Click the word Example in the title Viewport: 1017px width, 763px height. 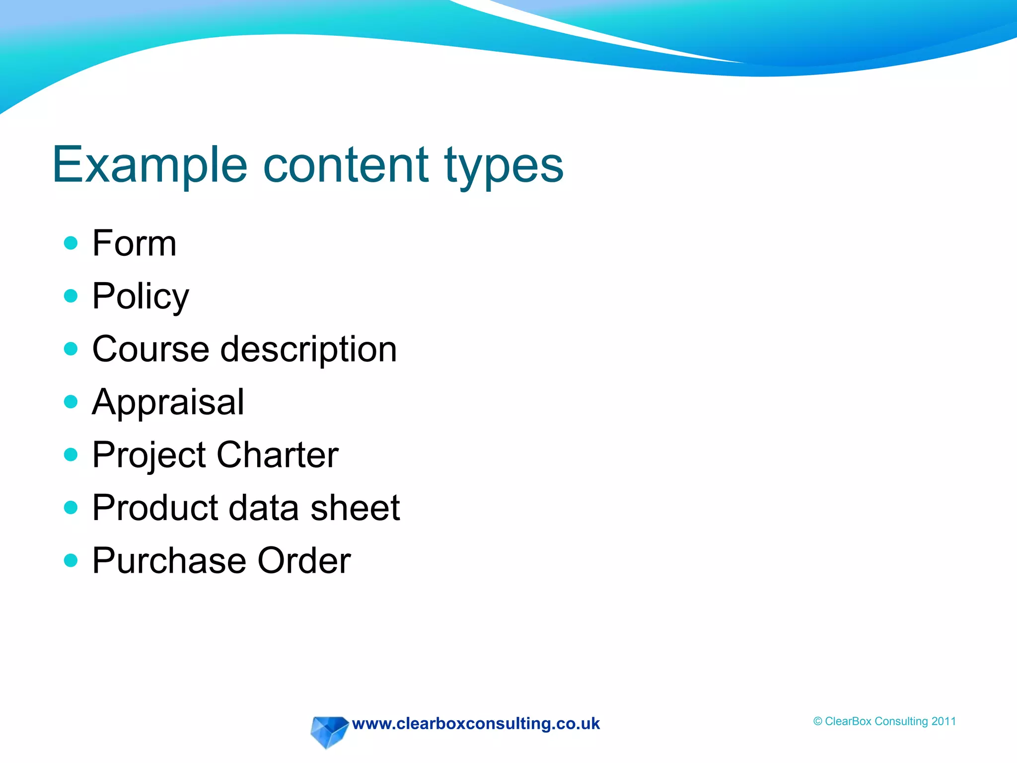(x=149, y=165)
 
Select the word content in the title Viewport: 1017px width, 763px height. (x=346, y=165)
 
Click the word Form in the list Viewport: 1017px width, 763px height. (x=134, y=243)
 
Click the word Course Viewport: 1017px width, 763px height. (x=150, y=349)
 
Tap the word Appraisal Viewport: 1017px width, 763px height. (x=168, y=402)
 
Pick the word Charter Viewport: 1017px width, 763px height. (x=278, y=455)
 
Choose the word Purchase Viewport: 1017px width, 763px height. (x=169, y=561)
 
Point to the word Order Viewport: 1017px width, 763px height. (x=304, y=561)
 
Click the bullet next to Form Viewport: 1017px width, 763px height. (x=71, y=243)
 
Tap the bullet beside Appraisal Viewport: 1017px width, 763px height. (x=71, y=401)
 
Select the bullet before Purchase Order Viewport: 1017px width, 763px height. (x=71, y=560)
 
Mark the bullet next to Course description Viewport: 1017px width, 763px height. (x=71, y=349)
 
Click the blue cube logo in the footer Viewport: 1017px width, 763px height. (x=328, y=731)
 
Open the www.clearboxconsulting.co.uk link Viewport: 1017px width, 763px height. (x=476, y=724)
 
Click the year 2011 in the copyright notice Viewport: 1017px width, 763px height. (x=944, y=721)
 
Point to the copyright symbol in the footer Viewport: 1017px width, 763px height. (x=818, y=722)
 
